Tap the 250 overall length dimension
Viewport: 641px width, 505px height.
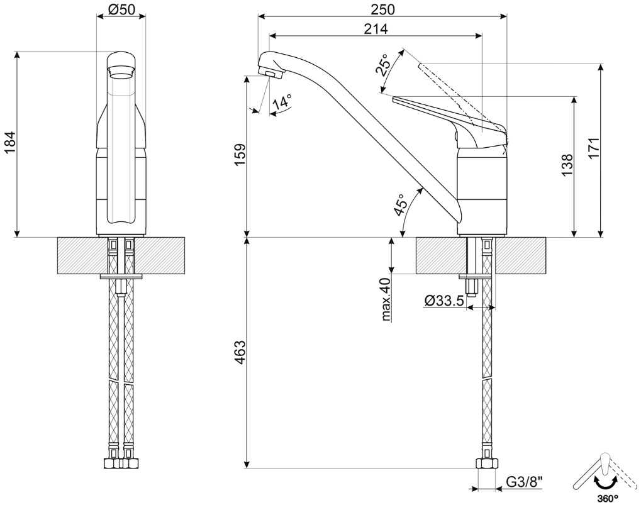coord(382,9)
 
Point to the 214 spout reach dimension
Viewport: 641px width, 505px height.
coord(375,28)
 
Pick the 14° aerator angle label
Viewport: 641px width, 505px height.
coord(282,103)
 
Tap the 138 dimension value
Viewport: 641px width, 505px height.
coord(568,165)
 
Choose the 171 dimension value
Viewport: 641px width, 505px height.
coord(594,149)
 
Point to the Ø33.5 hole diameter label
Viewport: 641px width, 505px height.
coord(444,301)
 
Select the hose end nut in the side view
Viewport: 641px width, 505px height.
coord(486,465)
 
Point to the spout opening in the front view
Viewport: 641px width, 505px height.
coord(121,71)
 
